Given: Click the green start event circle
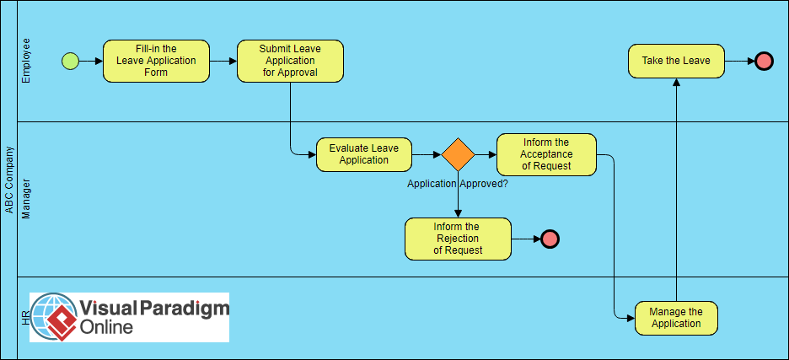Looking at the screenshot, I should [x=70, y=61].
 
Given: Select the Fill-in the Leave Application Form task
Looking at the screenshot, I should [x=156, y=61].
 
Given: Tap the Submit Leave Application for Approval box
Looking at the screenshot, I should [x=290, y=61].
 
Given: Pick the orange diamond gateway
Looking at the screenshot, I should [x=458, y=154].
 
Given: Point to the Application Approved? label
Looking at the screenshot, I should [x=457, y=183].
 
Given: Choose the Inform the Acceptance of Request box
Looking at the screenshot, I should [x=546, y=154].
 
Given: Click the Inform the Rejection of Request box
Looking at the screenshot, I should [x=458, y=239].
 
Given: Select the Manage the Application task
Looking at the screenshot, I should [x=676, y=318].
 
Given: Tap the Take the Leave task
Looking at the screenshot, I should [x=676, y=61].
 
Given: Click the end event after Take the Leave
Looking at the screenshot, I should [x=764, y=61].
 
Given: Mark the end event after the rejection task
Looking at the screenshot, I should [x=550, y=239].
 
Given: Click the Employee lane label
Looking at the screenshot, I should [x=26, y=61].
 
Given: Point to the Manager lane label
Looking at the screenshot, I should [x=26, y=198].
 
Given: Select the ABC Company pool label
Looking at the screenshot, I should [x=9, y=180].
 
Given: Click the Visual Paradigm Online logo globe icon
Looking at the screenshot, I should [x=55, y=317].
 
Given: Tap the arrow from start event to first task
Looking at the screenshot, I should [x=90, y=61].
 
